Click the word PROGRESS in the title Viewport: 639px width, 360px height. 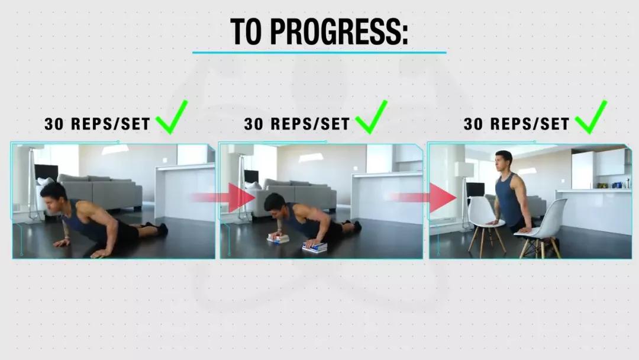(339, 31)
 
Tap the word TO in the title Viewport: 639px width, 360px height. (246, 31)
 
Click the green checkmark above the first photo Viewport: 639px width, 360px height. (172, 117)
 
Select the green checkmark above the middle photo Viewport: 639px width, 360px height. (371, 117)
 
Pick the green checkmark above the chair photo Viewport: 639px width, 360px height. (591, 117)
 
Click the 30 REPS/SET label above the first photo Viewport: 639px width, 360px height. (98, 124)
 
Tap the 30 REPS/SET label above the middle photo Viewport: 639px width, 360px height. (297, 124)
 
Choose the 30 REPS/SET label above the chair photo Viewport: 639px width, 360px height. (517, 124)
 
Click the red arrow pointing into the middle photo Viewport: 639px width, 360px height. (223, 198)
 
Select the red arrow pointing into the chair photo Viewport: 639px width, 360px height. (424, 198)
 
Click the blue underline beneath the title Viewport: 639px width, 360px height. (319, 52)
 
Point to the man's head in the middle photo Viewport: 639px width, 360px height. (275, 204)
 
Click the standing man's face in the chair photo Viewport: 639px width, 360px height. (502, 160)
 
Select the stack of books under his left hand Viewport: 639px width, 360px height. (315, 247)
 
